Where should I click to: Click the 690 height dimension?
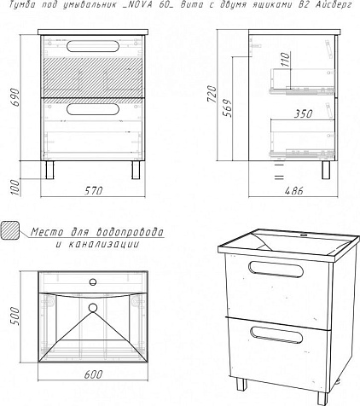pyautogui.click(x=15, y=97)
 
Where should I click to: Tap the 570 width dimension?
pyautogui.click(x=94, y=191)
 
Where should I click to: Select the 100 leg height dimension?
pyautogui.click(x=16, y=188)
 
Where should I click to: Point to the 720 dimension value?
pyautogui.click(x=212, y=95)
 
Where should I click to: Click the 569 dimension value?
pyautogui.click(x=228, y=108)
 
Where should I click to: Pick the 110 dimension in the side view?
pyautogui.click(x=286, y=60)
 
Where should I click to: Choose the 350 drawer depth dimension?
pyautogui.click(x=303, y=114)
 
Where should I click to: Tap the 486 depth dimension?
pyautogui.click(x=294, y=191)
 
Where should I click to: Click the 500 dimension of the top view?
pyautogui.click(x=15, y=316)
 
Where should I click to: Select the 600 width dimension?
pyautogui.click(x=93, y=374)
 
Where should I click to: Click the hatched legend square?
pyautogui.click(x=10, y=230)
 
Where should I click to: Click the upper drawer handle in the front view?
pyautogui.click(x=93, y=46)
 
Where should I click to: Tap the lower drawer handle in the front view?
pyautogui.click(x=93, y=109)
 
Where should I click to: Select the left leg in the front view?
pyautogui.click(x=50, y=170)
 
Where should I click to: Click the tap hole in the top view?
pyautogui.click(x=93, y=282)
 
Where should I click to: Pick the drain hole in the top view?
pyautogui.click(x=93, y=308)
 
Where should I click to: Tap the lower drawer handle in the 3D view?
pyautogui.click(x=276, y=334)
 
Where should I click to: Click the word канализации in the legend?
pyautogui.click(x=104, y=244)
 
